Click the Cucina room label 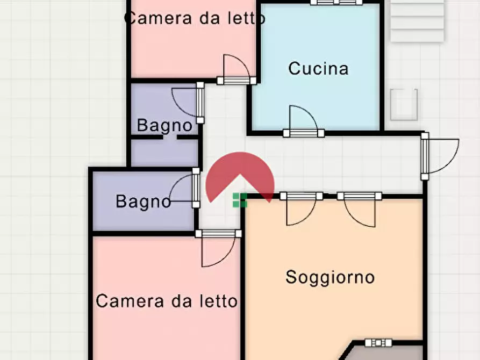(x=318, y=69)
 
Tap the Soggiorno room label (x=329, y=277)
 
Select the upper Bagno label (x=164, y=126)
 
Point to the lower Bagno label (x=144, y=202)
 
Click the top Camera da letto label (x=195, y=18)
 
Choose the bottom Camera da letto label (x=167, y=301)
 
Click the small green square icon (x=240, y=200)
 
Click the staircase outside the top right (x=418, y=21)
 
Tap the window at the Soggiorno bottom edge (x=378, y=343)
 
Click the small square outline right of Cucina (x=404, y=104)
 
